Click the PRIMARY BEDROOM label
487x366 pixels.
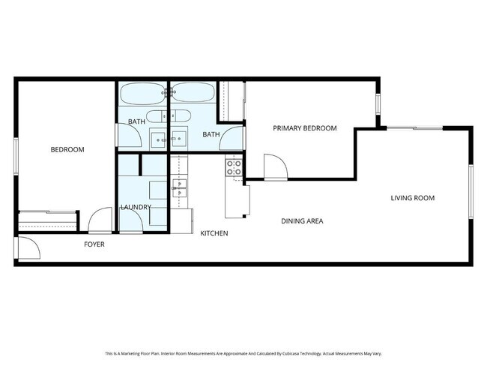pos(304,128)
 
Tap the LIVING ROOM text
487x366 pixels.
pos(412,198)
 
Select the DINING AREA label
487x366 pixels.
pos(303,221)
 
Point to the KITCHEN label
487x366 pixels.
pos(214,234)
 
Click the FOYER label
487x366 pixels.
pos(94,244)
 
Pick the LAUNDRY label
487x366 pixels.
pos(136,207)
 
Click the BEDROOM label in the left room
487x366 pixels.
pos(67,150)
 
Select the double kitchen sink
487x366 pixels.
pos(180,187)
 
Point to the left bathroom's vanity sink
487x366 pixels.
pos(159,137)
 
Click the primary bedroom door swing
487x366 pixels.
pos(273,166)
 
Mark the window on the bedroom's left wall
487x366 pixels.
pos(16,158)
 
